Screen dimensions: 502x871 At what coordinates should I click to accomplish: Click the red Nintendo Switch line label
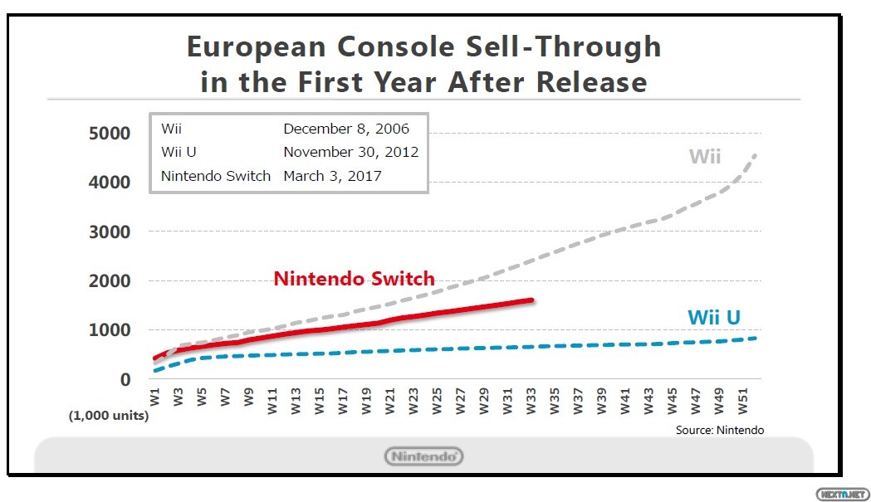355,280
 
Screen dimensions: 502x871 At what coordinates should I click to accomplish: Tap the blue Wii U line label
713,318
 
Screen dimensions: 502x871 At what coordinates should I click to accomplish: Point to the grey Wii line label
705,156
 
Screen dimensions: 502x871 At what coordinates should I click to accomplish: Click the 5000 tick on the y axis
109,134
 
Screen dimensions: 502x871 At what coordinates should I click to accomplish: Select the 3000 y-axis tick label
109,232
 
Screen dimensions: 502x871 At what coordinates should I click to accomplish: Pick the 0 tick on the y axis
125,379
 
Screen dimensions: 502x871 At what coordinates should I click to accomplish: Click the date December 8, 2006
346,129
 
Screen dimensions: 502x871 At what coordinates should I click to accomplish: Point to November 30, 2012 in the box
350,153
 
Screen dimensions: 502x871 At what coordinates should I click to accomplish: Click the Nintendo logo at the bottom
423,456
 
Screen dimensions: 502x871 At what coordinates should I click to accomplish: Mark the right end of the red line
531,300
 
